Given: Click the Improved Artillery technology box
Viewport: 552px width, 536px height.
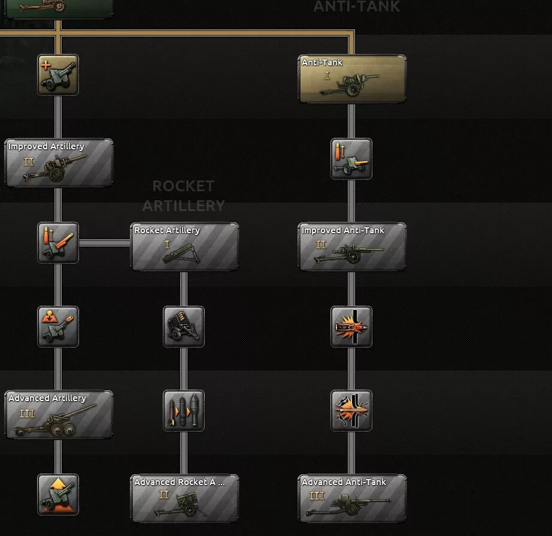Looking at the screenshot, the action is click(x=59, y=162).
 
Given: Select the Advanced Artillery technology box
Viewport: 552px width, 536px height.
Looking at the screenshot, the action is click(x=59, y=414).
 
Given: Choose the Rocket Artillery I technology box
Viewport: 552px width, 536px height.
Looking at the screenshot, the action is click(x=184, y=246).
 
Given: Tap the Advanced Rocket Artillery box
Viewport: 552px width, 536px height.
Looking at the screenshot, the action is click(x=184, y=498).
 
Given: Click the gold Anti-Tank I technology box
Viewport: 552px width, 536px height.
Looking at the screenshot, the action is click(x=352, y=79).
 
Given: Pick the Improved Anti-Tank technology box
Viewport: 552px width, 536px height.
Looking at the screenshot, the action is click(x=352, y=246).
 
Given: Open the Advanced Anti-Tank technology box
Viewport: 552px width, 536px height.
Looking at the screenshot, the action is click(x=352, y=498).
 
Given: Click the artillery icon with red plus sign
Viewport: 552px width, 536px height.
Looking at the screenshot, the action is click(x=58, y=75).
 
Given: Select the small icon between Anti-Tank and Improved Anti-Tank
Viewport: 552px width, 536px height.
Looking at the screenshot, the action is click(x=351, y=159).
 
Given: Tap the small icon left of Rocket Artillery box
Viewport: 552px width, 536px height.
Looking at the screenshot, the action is click(x=58, y=243).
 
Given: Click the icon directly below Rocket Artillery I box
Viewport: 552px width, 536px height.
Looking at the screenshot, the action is click(x=184, y=327).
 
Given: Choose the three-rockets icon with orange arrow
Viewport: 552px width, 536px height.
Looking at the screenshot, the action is click(x=184, y=411).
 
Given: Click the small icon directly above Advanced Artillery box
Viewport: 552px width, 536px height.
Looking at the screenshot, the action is click(x=58, y=327).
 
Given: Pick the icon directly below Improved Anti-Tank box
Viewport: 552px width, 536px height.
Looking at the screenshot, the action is click(x=351, y=327).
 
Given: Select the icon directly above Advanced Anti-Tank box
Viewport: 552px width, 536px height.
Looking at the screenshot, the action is click(x=351, y=411).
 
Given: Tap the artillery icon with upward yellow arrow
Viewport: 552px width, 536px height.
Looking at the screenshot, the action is click(x=58, y=495).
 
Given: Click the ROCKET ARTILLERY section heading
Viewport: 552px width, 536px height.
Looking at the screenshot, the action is click(x=183, y=195).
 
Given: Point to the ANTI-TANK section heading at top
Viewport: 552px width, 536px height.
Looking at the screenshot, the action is click(x=356, y=7).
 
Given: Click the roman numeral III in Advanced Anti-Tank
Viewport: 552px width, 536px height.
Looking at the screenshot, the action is click(x=316, y=496).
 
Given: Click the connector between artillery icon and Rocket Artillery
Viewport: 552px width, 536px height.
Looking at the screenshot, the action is click(x=105, y=243).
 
